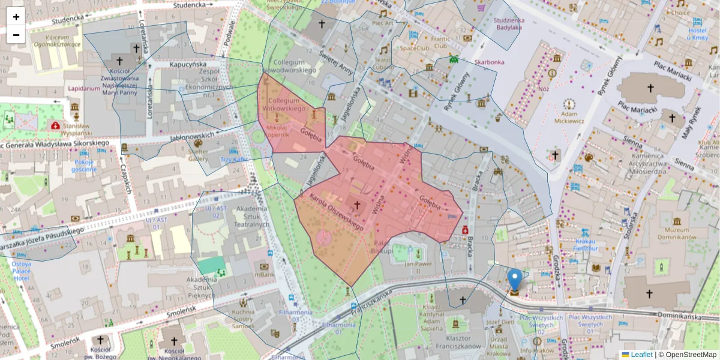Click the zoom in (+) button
tap(16, 17)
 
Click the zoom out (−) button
tap(16, 35)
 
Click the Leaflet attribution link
tap(637, 355)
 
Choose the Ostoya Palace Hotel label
tap(21, 271)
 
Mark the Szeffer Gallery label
tap(199, 155)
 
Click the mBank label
tap(264, 274)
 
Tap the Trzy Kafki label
tap(233, 160)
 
